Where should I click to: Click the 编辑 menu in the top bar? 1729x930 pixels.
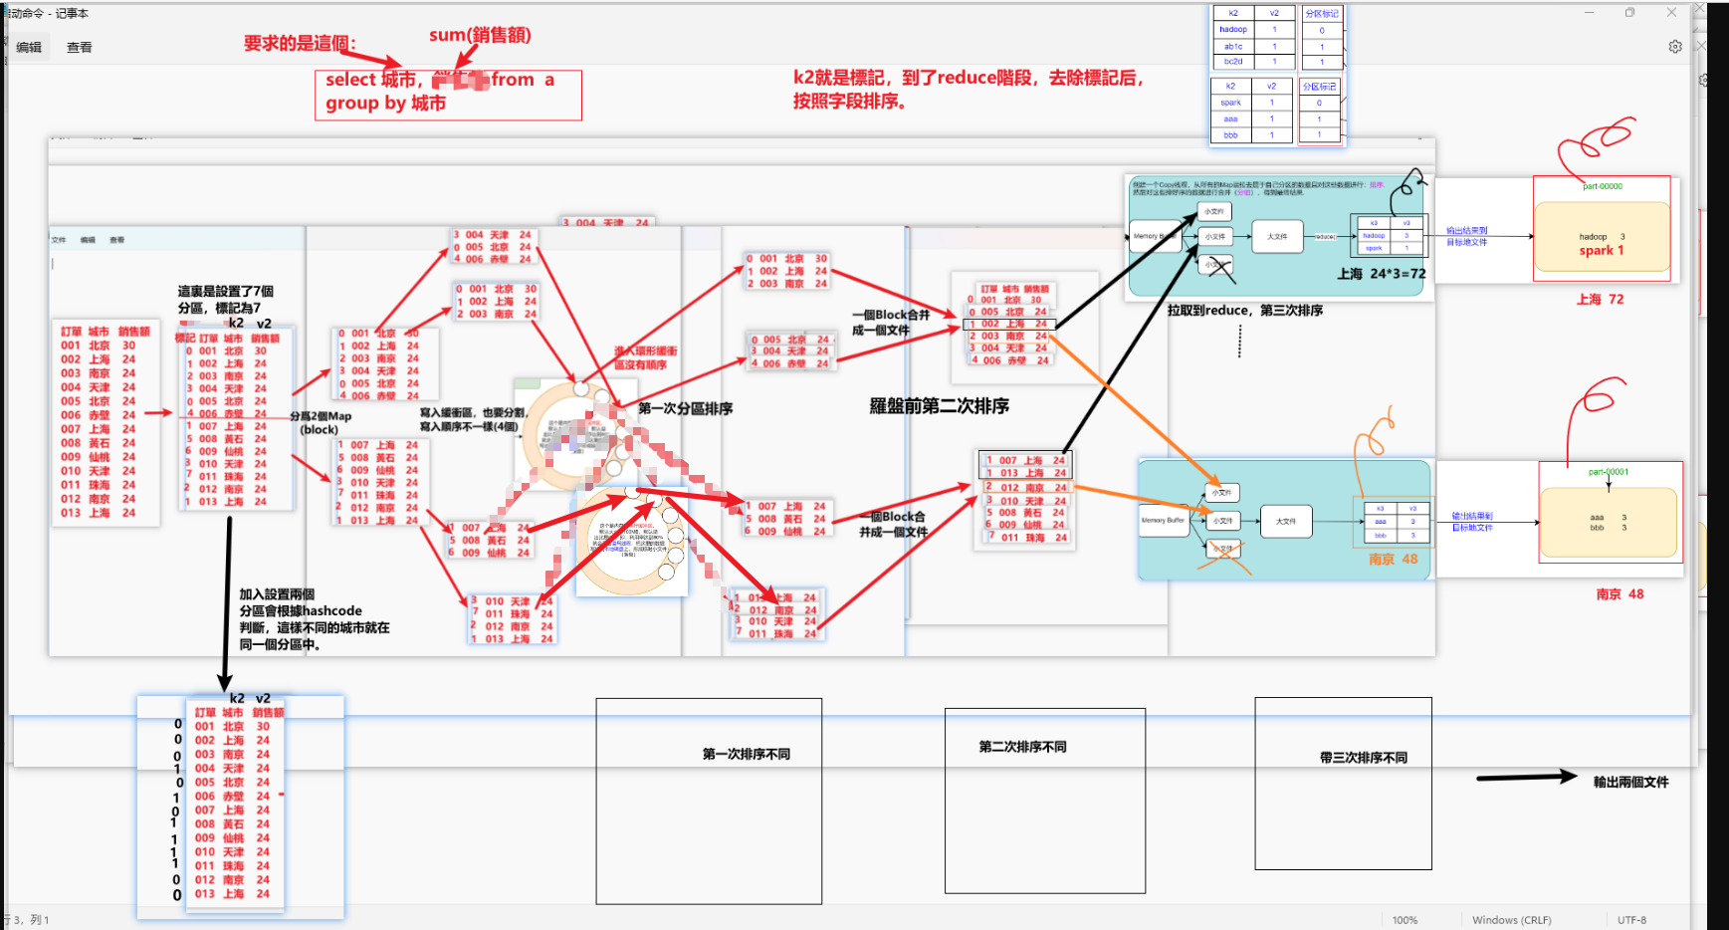29,48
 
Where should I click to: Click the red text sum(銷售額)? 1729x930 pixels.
480,35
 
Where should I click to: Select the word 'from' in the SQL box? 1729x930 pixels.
513,80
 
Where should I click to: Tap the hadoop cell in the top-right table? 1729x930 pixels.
1233,30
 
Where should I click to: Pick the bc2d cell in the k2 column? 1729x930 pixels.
1233,62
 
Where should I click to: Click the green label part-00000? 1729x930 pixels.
1603,186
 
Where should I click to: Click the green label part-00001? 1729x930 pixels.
1609,472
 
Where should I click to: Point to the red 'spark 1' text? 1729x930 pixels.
1601,251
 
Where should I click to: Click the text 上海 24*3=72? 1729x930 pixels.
1381,274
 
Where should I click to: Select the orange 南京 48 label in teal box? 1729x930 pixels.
1393,560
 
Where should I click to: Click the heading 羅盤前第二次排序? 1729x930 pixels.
939,406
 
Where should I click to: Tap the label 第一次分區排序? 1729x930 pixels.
685,409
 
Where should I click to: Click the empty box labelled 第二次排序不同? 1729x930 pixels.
1044,802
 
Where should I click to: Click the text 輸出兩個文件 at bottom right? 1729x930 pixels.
1630,783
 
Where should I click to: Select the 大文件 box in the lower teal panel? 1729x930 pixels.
1286,521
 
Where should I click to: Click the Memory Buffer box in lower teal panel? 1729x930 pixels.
1163,521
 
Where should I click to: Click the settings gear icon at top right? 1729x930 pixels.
1675,47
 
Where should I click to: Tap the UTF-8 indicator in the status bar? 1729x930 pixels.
1631,920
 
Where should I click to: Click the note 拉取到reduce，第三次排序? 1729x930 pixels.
1244,311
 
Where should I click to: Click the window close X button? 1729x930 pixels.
1671,13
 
